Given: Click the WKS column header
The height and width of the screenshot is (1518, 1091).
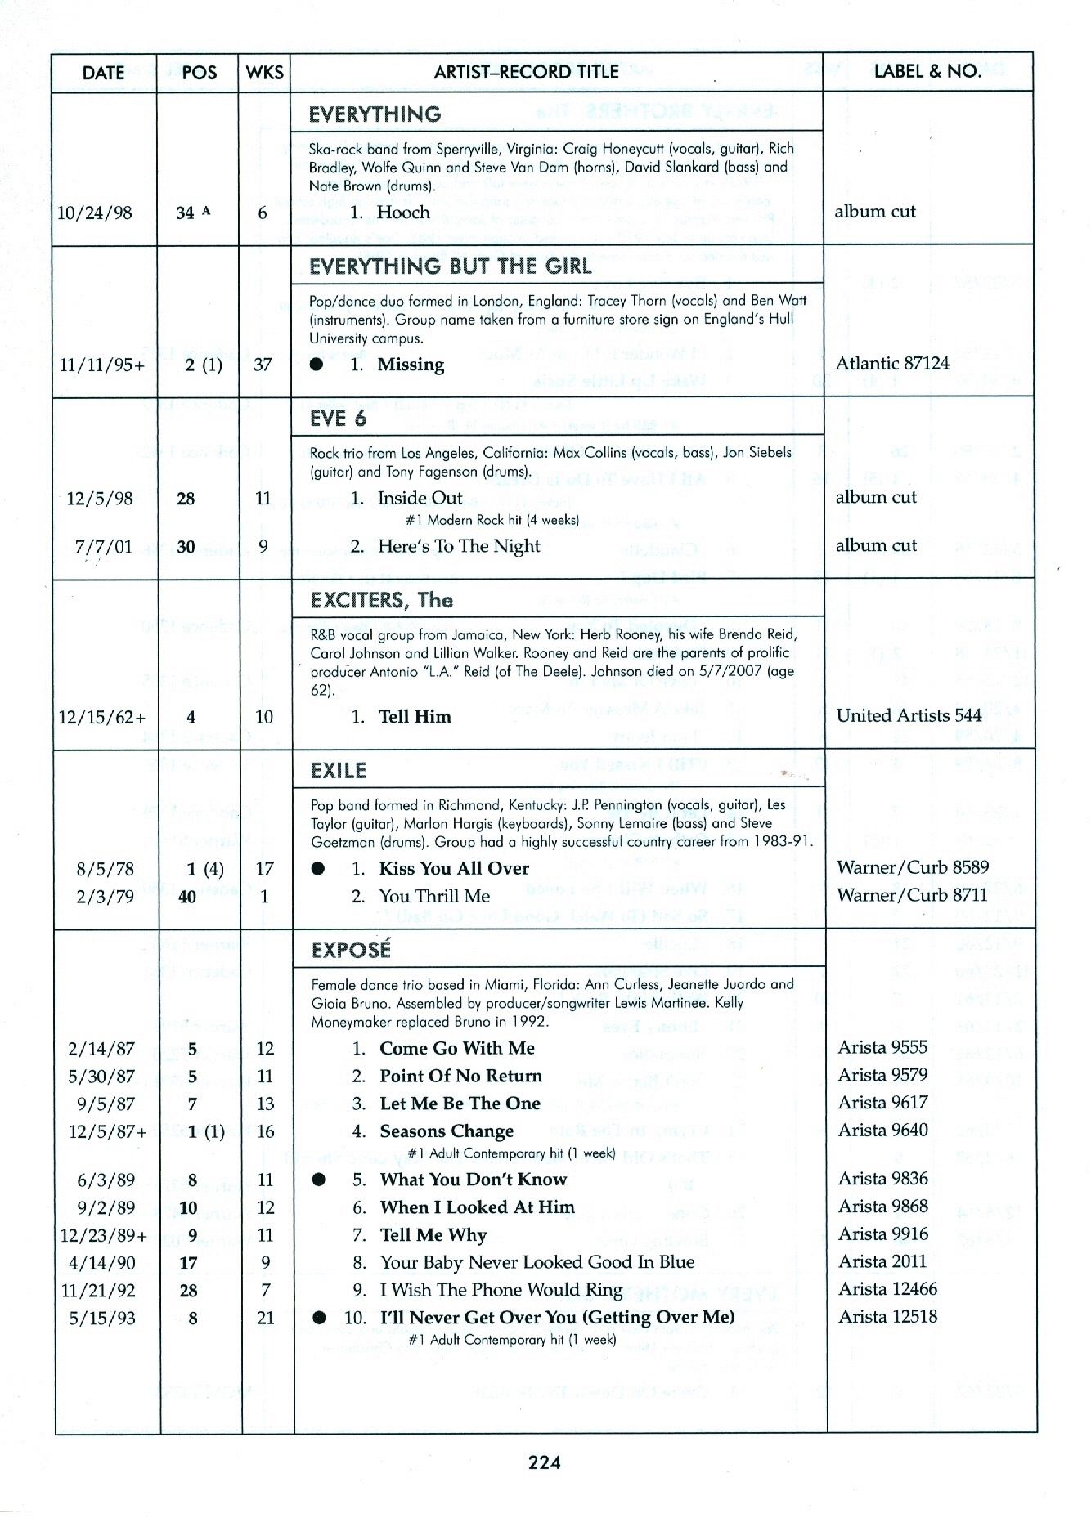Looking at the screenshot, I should pos(264,72).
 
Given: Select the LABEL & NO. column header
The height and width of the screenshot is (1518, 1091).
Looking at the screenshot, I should pos(927,71).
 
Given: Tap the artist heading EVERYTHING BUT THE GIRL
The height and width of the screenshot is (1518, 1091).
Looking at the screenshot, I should pos(450,266).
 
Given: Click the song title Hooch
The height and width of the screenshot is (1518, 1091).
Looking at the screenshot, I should pos(402,213).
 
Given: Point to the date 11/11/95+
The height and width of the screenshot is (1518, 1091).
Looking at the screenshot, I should pos(102,365).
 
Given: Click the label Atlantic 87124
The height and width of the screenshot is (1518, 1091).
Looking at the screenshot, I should pos(892,363).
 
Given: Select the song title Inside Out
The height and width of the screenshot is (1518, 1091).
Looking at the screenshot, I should pos(420,498).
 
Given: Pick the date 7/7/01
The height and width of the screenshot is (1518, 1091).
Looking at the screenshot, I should pos(103,547).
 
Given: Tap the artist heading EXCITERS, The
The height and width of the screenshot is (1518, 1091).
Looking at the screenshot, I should pos(381,601).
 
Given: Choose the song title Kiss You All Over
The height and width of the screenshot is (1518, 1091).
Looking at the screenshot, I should pos(454,868).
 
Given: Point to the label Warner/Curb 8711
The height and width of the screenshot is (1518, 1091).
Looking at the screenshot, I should pos(912,895).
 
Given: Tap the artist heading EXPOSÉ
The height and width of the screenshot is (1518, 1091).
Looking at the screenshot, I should pos(351,950).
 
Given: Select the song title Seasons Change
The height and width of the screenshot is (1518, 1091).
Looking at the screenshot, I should pos(447,1131).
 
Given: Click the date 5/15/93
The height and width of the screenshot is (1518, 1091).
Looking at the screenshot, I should pos(102,1318).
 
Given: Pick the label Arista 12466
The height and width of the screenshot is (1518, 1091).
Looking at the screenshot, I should pos(887,1289).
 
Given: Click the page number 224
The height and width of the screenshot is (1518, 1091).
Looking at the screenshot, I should pos(544,1462).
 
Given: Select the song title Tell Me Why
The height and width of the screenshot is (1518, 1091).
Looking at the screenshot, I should pos(433,1234).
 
